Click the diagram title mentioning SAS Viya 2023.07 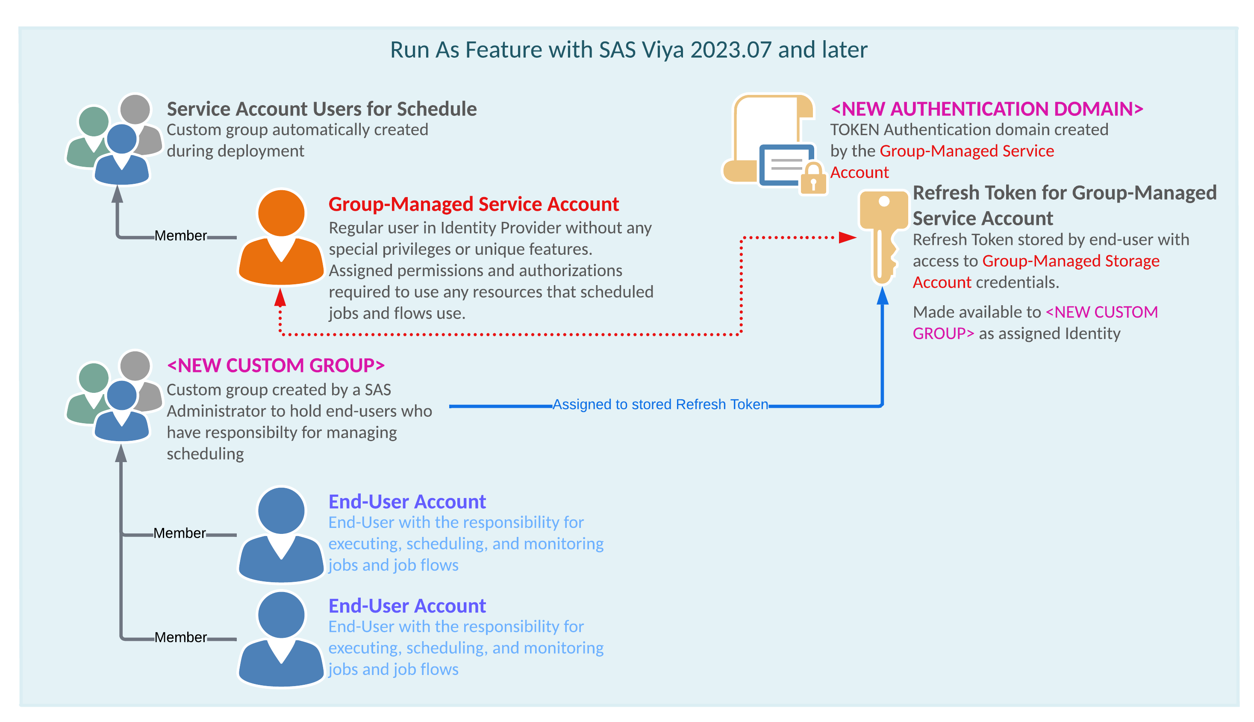point(628,50)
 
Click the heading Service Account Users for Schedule point(321,109)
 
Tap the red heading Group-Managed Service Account point(473,204)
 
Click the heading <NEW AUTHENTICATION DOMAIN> point(986,109)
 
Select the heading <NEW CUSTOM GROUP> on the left point(276,365)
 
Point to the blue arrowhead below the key point(882,296)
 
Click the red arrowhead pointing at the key point(847,238)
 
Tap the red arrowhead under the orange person point(280,298)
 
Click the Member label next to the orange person point(180,236)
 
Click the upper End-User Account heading point(407,501)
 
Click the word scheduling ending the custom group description point(205,454)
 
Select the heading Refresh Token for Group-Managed point(1064,192)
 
